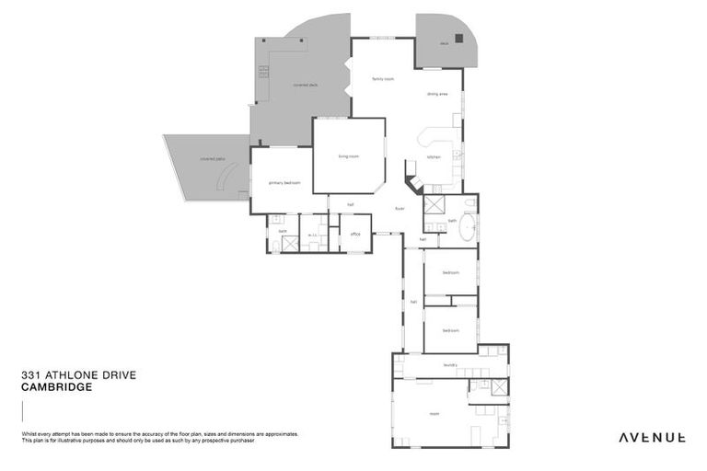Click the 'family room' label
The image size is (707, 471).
coord(383,79)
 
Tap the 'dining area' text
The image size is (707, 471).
coord(437,94)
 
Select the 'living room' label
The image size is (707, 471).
coord(348,156)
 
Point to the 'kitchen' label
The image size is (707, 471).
coord(434,156)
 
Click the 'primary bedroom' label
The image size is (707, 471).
coord(284,183)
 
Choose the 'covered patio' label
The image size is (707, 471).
coord(213,158)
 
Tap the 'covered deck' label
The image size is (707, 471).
coord(306,85)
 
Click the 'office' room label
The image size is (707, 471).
coord(355,235)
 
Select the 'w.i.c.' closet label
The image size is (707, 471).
coord(313,235)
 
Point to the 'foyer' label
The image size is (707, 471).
coord(400,208)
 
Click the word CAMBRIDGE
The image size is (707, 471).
coord(56,387)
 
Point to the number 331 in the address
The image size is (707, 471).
coord(29,375)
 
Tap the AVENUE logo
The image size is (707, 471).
coord(651,437)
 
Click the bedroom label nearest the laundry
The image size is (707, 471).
coord(450,330)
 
